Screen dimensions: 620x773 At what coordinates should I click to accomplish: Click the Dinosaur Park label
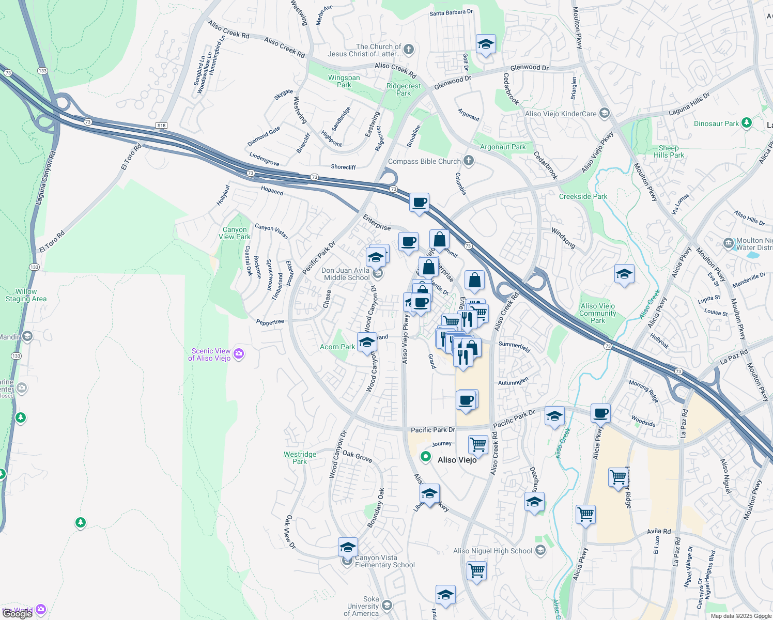tap(716, 123)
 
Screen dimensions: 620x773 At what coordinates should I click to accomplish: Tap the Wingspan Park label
tap(344, 82)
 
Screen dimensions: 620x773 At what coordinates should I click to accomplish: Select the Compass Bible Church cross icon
tap(469, 161)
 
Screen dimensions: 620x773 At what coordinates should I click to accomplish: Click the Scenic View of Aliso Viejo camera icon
tap(239, 354)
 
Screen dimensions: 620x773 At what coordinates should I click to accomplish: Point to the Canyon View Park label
tap(235, 234)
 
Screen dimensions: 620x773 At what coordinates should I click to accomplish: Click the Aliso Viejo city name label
tap(457, 460)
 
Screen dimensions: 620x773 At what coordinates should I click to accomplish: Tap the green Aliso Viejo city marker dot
tap(425, 456)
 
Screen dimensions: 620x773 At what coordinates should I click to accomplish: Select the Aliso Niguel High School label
tap(492, 551)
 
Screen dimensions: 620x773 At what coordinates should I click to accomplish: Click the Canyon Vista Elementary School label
tap(384, 562)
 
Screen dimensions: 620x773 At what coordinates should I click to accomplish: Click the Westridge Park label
tap(300, 458)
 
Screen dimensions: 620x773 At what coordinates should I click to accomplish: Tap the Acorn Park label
tap(337, 347)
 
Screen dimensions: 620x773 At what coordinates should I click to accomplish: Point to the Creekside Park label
tap(583, 196)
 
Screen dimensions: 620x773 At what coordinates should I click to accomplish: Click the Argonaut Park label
tap(502, 147)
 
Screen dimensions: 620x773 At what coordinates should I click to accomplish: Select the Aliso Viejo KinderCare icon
tap(605, 114)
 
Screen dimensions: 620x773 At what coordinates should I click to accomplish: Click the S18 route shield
tap(161, 126)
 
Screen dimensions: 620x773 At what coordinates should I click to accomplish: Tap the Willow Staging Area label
tap(26, 295)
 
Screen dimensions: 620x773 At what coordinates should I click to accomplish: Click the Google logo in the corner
tap(17, 613)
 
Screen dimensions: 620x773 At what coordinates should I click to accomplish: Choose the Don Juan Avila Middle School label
tap(346, 274)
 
